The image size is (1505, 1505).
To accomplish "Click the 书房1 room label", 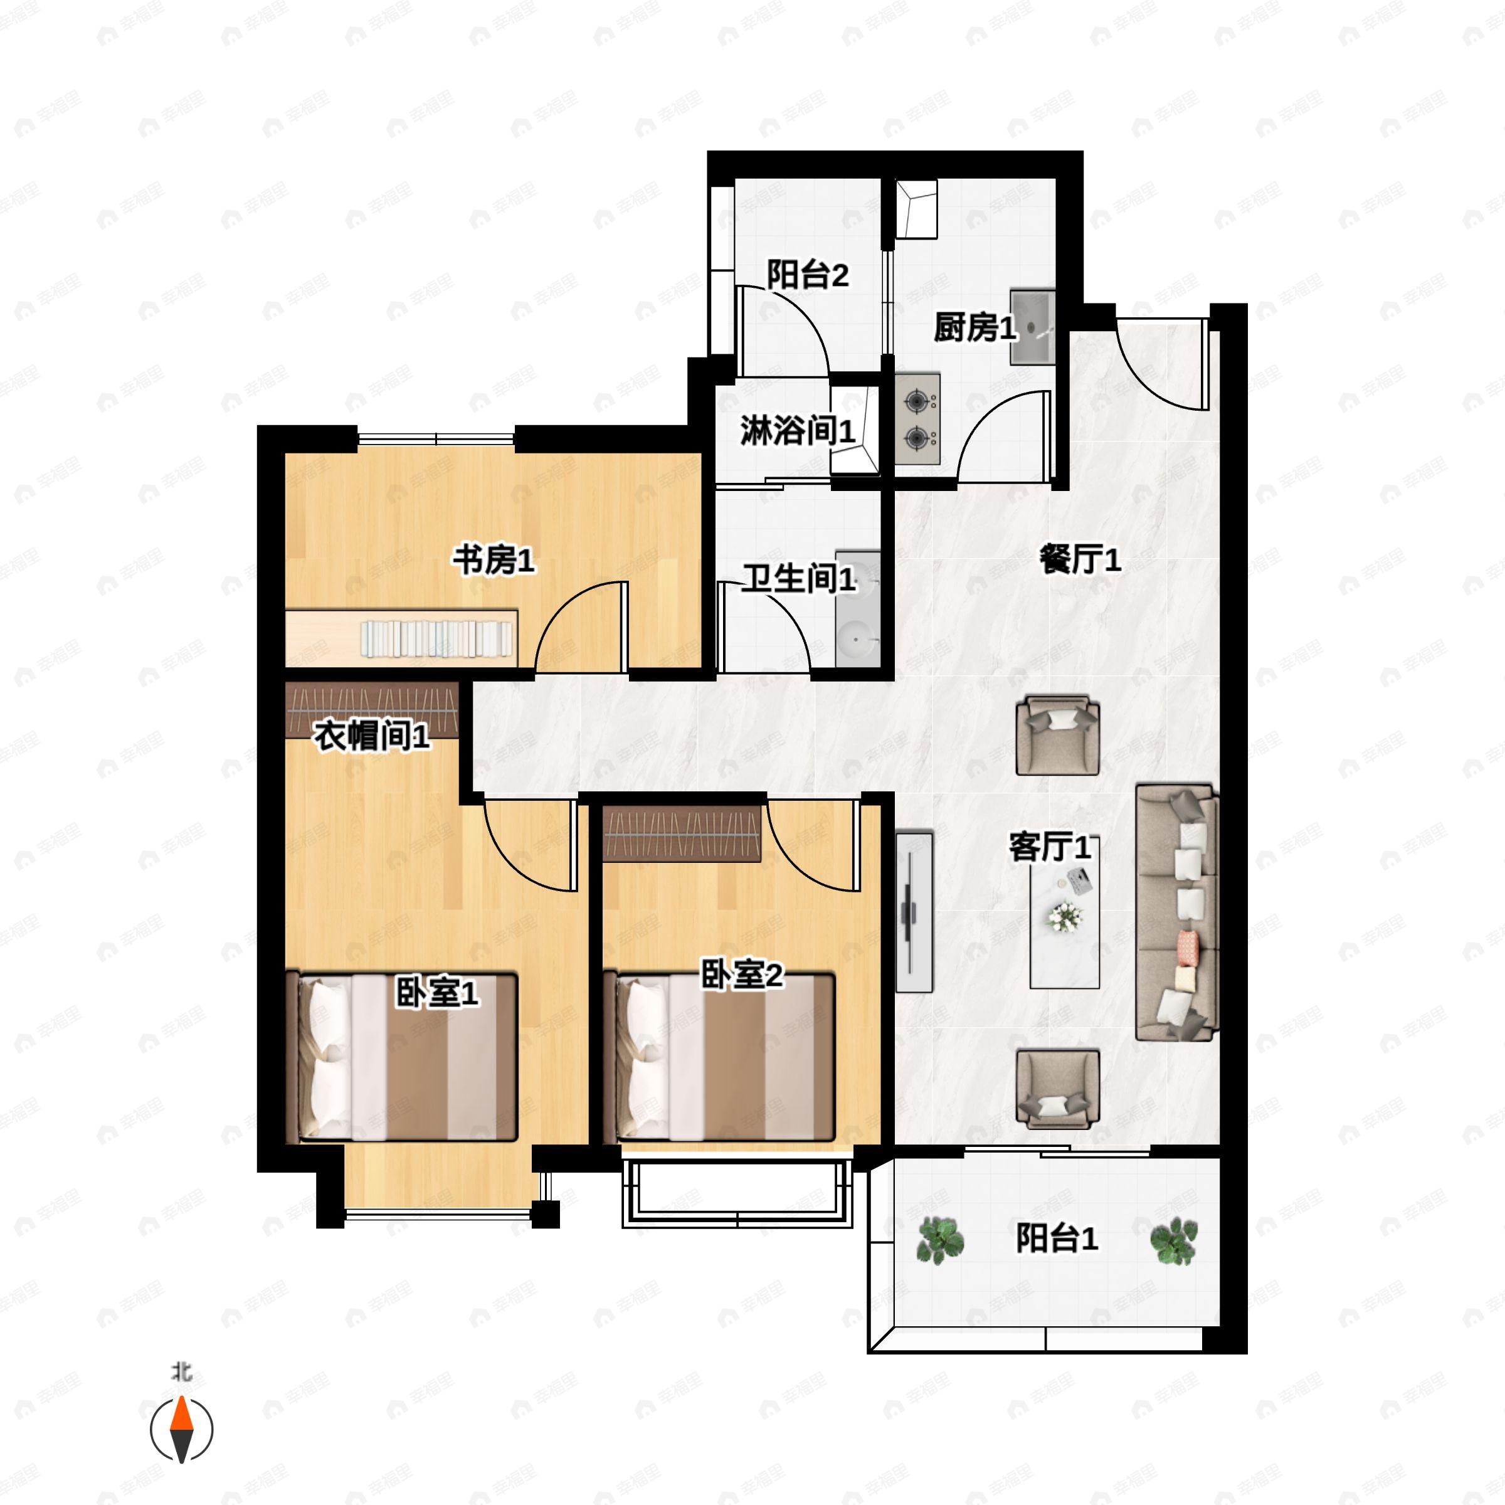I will coord(494,560).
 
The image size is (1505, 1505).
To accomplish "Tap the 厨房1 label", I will coord(974,328).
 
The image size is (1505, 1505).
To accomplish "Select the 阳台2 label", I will coord(807,275).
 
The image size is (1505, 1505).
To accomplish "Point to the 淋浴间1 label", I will coord(797,431).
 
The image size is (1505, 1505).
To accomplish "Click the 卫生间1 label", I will coord(798,579).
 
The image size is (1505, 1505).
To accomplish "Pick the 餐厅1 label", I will coord(1080,560).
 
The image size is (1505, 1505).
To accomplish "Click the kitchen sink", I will coord(1032,327).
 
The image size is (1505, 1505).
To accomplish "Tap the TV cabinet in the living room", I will coord(913,911).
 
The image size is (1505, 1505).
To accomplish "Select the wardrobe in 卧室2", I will coord(682,833).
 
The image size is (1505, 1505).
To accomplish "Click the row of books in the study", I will coord(436,637).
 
